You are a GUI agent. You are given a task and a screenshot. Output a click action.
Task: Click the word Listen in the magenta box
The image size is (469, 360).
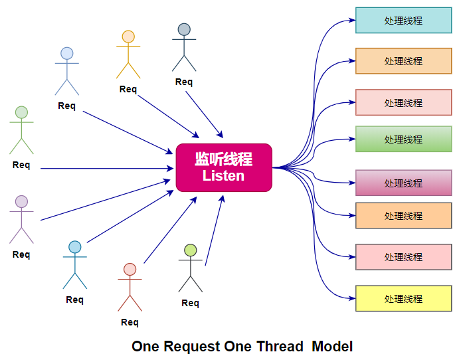coord(223,175)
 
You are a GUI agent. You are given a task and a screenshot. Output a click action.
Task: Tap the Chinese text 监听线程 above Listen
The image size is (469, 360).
coord(223,159)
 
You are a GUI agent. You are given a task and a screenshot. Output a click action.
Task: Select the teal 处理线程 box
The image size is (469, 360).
coord(403,21)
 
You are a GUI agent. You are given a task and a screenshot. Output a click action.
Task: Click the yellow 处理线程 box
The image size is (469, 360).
coord(403,298)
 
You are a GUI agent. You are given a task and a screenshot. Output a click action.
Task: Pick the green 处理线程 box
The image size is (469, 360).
coord(403,139)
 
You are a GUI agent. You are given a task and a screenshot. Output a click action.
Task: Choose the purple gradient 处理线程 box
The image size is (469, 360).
coord(403,183)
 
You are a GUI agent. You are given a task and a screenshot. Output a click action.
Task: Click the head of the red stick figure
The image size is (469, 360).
coord(130,270)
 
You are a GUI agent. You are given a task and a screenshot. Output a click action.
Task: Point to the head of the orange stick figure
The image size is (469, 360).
coord(128,37)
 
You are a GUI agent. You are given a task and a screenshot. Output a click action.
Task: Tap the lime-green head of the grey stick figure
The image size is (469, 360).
coord(191,250)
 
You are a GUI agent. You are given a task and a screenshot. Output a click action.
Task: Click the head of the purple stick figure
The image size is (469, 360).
coord(21,201)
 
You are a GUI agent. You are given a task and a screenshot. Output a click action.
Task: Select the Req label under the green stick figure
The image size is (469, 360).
coord(21,165)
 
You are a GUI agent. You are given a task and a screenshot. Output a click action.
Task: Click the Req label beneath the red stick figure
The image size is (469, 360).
coord(130,322)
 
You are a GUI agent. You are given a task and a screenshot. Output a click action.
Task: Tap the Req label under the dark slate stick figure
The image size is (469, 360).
coord(184,82)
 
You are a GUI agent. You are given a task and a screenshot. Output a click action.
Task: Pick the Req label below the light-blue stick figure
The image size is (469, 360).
coord(66,106)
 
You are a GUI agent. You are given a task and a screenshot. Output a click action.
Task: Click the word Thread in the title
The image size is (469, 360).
coord(280,346)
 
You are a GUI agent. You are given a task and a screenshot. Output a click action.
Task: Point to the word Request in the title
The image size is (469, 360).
coord(192,347)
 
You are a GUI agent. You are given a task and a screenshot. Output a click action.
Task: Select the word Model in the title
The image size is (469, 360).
coord(332,346)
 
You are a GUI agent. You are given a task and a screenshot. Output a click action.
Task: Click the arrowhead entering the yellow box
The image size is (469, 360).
coord(352,298)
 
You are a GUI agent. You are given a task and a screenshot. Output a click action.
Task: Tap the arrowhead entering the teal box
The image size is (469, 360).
coord(352,21)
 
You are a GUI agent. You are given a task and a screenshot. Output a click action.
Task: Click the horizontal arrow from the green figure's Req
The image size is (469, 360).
coord(107,169)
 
